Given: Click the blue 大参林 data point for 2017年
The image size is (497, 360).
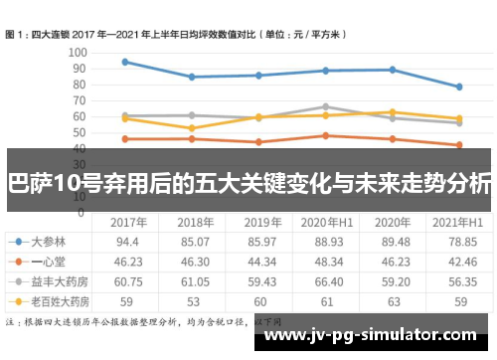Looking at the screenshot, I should tap(124, 62).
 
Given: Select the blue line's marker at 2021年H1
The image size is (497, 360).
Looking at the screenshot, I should tap(458, 87).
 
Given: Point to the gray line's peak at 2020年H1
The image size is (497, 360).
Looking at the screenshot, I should tap(325, 106).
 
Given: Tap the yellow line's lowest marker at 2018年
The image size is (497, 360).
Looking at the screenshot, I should tap(191, 128).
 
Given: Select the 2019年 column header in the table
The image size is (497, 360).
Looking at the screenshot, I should tap(262, 222).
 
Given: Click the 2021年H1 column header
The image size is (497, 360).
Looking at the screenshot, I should tap(458, 222).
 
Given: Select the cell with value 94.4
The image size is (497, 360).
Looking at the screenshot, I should tap(127, 241).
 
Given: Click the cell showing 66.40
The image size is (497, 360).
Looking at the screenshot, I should tap(327, 280).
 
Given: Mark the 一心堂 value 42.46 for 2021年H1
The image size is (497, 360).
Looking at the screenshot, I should tap(458, 261).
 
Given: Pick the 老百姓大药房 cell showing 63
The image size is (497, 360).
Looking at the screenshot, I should tap(393, 299).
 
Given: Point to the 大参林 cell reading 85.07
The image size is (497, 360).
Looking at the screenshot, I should tap(195, 241).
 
